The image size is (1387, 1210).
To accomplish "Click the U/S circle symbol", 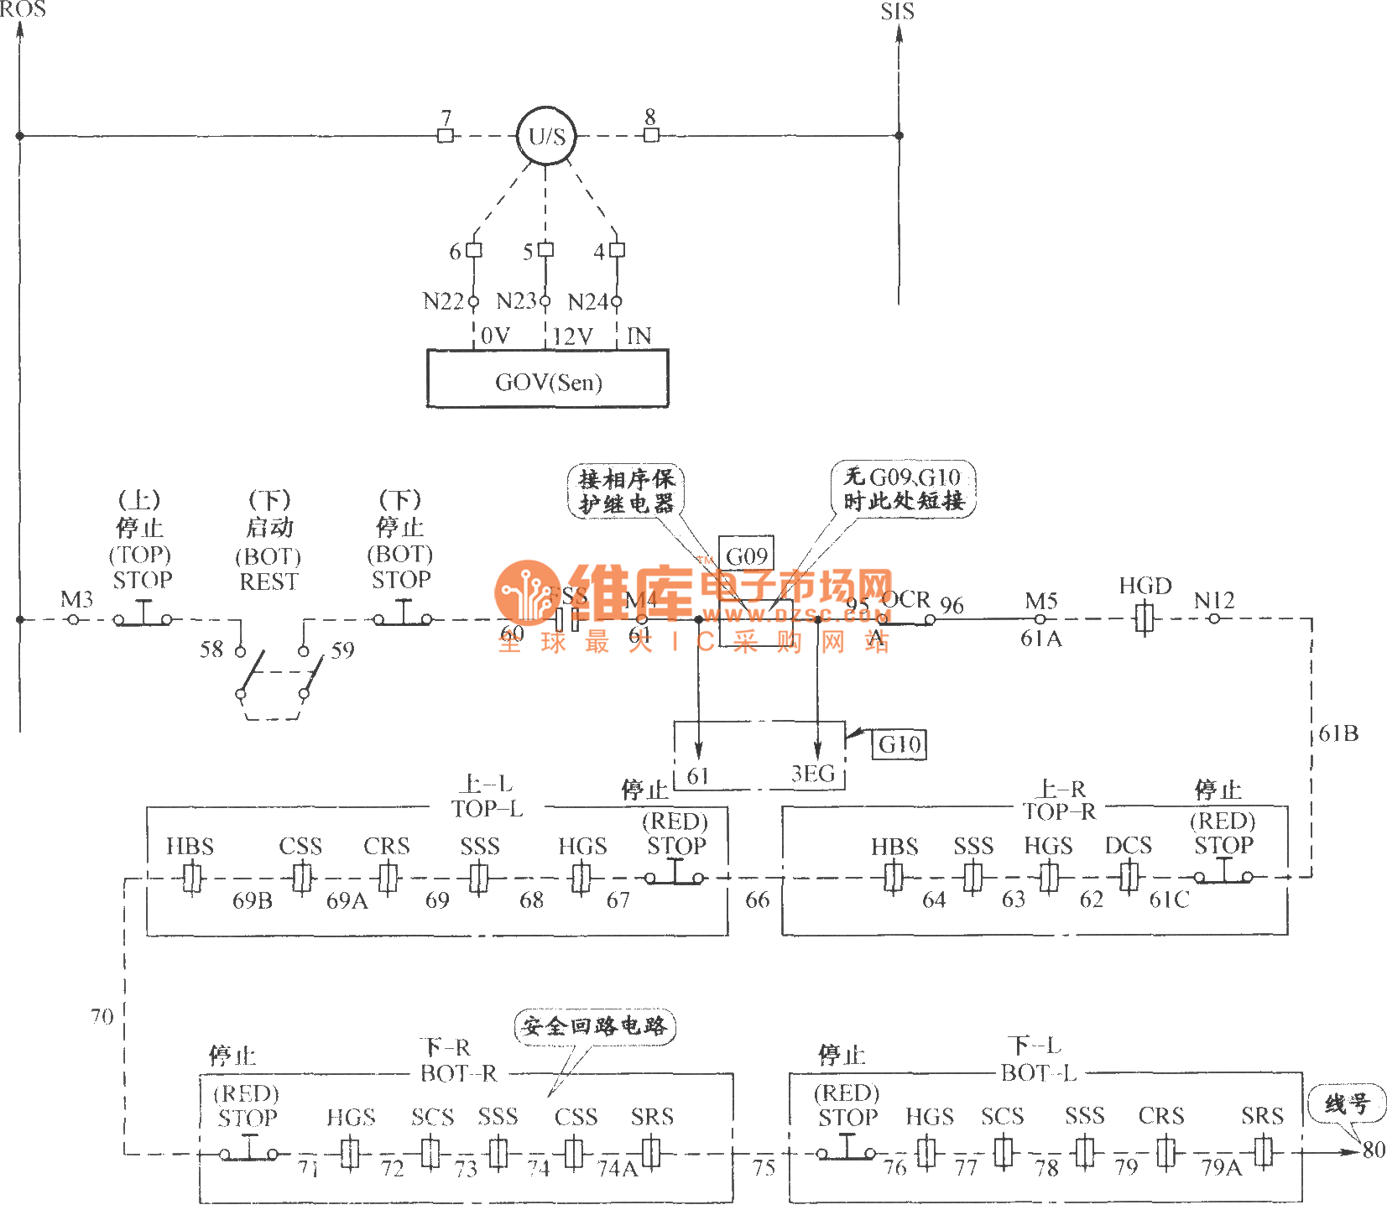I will point(546,136).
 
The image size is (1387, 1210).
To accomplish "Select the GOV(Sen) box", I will point(548,379).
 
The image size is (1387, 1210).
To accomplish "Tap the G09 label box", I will point(746,555).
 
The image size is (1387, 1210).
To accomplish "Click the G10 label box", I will point(899,744).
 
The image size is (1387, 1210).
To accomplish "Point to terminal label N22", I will point(443,301).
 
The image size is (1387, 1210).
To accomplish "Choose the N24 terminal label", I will point(587,302).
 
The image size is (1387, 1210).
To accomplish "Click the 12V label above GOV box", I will point(572,336).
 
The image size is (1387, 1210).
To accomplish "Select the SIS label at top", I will point(897,12).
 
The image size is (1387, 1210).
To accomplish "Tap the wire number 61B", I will point(1338,734).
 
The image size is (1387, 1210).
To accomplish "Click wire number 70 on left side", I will point(102,1017).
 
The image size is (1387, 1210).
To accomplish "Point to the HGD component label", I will point(1145,586).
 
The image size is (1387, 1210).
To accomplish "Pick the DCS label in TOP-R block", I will point(1128,846).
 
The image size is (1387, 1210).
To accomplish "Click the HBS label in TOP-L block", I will point(190,847).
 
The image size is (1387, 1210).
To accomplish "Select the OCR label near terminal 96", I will point(906,599).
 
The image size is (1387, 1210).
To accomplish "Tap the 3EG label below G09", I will point(813,774).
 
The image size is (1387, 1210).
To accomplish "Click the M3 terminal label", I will point(76,600).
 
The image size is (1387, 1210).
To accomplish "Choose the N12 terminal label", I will point(1213,601).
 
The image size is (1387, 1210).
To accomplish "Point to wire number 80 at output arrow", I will point(1374,1150).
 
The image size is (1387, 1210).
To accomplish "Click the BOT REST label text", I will point(269,570).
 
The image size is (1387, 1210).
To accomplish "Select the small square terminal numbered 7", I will point(446,136).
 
